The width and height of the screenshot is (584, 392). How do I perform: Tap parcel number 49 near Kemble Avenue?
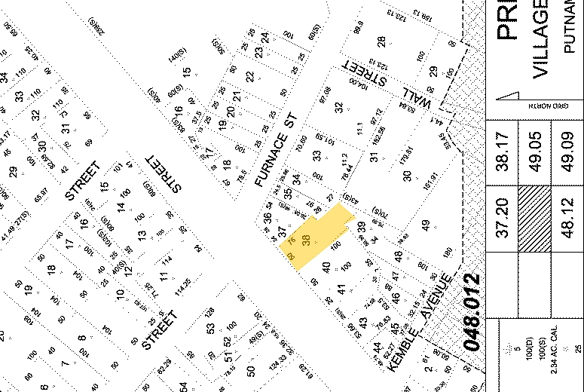click(x=426, y=224)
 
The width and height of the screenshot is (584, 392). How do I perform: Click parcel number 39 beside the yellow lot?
click(x=362, y=226)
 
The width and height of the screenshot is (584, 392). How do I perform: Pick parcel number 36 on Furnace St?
click(x=267, y=219)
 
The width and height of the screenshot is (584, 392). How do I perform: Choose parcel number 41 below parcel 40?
click(x=341, y=289)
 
